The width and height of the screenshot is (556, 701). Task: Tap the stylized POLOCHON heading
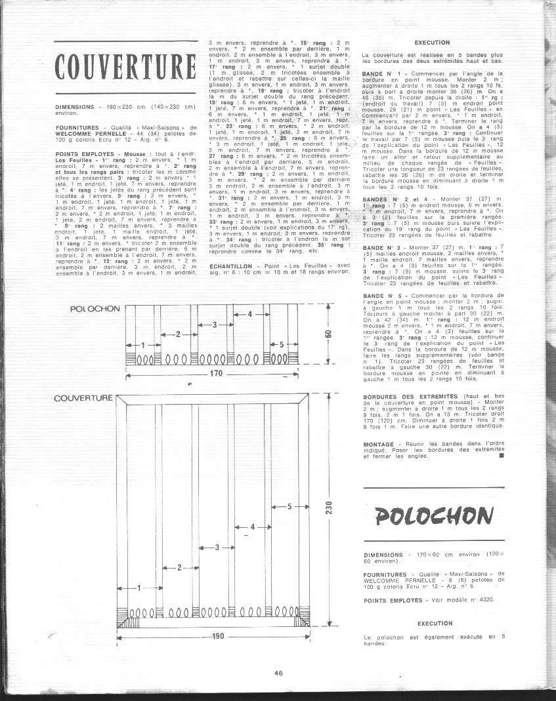[434, 515]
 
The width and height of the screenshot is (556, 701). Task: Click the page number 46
[278, 672]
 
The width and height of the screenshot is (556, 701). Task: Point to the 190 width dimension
[217, 636]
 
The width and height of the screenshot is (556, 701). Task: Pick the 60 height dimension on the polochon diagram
[328, 334]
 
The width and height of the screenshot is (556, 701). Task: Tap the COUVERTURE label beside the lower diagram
[83, 398]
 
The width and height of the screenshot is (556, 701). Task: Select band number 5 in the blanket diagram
[289, 506]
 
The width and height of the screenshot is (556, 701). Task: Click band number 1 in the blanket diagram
[139, 589]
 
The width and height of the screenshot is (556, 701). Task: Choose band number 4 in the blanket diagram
[252, 527]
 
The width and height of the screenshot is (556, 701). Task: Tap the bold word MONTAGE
[377, 444]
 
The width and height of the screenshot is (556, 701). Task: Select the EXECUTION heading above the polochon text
[435, 623]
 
